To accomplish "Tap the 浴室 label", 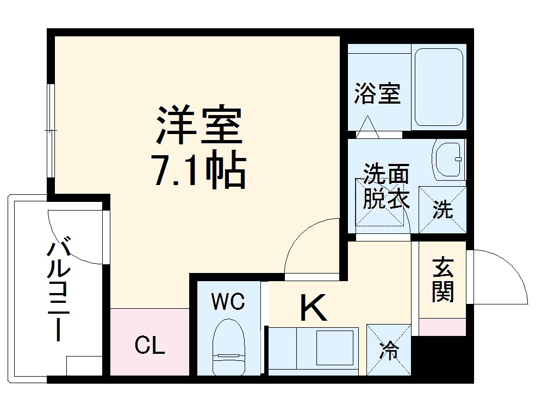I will pyautogui.click(x=377, y=93).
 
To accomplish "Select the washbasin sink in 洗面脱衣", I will pyautogui.click(x=449, y=159).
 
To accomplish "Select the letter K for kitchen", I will pyautogui.click(x=314, y=307).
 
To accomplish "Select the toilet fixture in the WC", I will pyautogui.click(x=228, y=347).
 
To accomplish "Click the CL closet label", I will pyautogui.click(x=150, y=345).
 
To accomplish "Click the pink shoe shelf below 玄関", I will pyautogui.click(x=443, y=327).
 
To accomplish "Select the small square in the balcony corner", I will pyautogui.click(x=84, y=365).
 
